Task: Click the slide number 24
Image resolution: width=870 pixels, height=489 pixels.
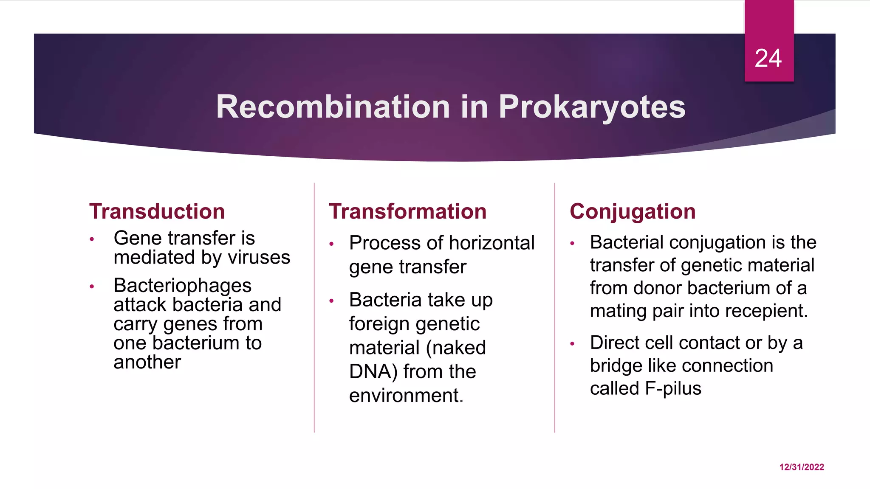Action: (768, 58)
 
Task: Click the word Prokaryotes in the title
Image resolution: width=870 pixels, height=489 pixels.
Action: (592, 107)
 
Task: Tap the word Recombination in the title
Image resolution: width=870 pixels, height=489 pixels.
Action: (333, 107)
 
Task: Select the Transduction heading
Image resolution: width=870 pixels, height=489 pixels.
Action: (157, 211)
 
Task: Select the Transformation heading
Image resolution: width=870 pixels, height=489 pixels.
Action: (407, 211)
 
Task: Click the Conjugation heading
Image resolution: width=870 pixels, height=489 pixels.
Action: (633, 211)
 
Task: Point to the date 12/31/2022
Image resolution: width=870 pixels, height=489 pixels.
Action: (802, 467)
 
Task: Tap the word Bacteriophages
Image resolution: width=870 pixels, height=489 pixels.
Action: (182, 286)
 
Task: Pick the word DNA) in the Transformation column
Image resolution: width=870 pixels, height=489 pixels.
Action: (373, 371)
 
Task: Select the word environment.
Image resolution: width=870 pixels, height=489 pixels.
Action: (406, 395)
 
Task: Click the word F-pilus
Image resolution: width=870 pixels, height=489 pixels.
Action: (673, 388)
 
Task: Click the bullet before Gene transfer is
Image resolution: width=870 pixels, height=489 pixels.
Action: (92, 239)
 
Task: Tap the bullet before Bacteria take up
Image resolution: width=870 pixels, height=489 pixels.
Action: (331, 301)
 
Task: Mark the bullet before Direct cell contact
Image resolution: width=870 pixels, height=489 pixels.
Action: (572, 344)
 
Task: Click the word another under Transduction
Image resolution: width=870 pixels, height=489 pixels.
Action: (147, 362)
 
